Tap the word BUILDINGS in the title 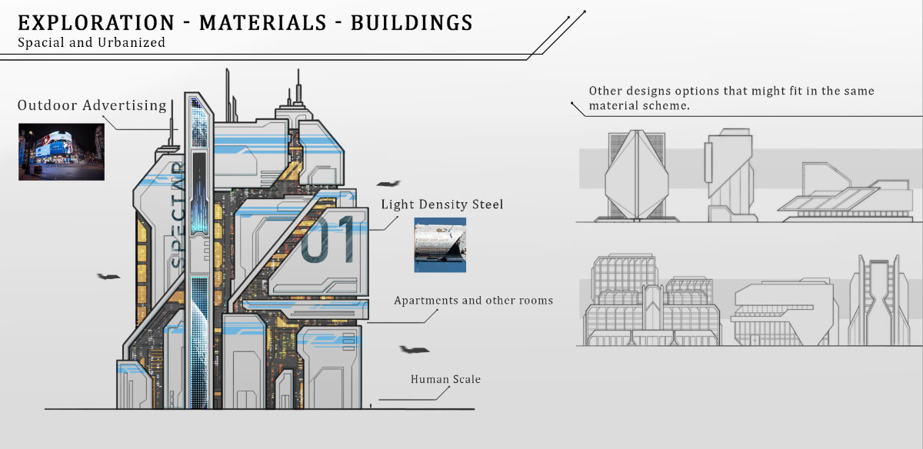click(x=412, y=22)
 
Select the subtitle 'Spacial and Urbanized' click(x=92, y=43)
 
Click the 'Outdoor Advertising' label click(x=92, y=105)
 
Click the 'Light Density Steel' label click(x=442, y=205)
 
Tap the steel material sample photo click(x=440, y=245)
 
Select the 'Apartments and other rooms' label click(x=473, y=301)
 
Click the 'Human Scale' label click(x=445, y=379)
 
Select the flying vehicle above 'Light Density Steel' click(x=388, y=185)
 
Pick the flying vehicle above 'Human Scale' click(x=414, y=350)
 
